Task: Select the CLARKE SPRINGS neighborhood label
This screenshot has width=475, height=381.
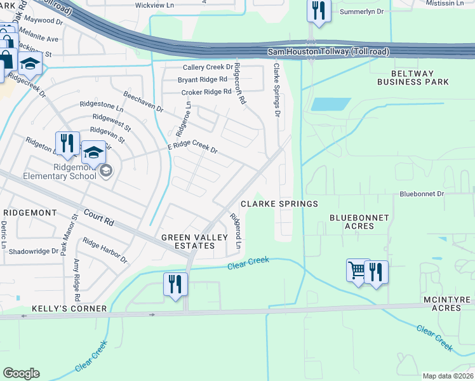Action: coord(279,204)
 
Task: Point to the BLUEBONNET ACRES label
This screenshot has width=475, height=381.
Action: coord(359,222)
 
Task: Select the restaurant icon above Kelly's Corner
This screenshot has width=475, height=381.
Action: coord(175,283)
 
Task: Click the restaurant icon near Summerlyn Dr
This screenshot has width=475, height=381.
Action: coord(317,11)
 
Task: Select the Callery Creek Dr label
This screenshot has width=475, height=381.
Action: coord(208,67)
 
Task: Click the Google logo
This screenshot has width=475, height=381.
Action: coord(21,373)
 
